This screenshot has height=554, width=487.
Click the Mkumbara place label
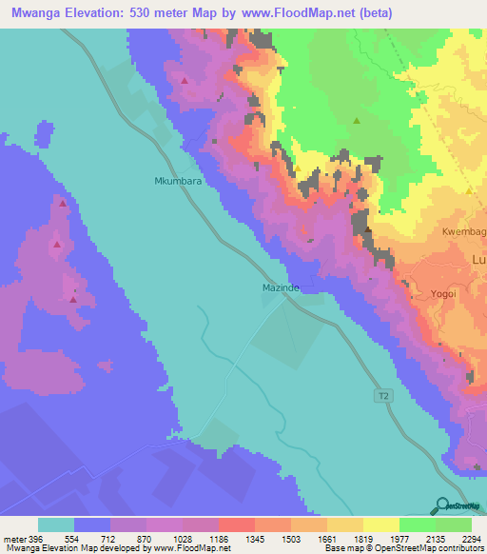[174, 179]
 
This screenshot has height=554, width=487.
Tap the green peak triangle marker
[357, 121]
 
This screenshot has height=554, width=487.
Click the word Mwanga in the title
[37, 11]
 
